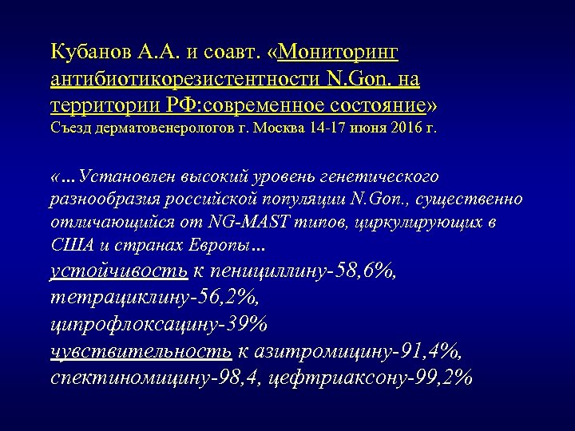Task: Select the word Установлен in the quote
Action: pyautogui.click(x=119, y=176)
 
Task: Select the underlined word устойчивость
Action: pyautogui.click(x=119, y=271)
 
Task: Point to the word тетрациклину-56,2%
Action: pyautogui.click(x=153, y=298)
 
